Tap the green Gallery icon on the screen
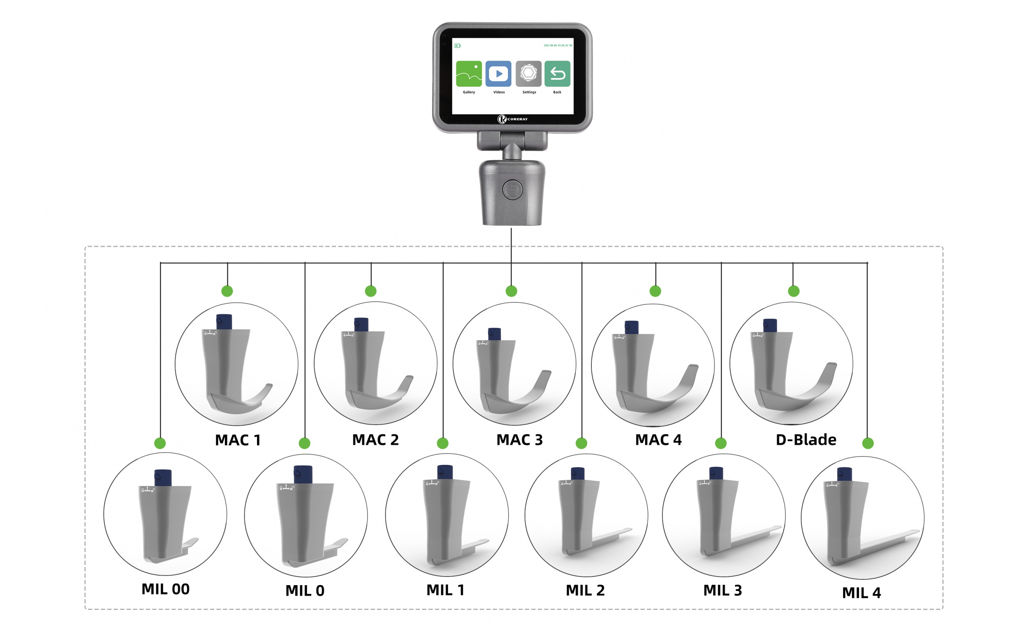pyautogui.click(x=468, y=74)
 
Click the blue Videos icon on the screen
pyautogui.click(x=498, y=74)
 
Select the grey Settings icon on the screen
pyautogui.click(x=528, y=74)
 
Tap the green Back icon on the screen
pyautogui.click(x=557, y=74)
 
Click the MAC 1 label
pyautogui.click(x=238, y=440)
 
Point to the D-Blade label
pyautogui.click(x=806, y=440)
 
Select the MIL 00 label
pyautogui.click(x=165, y=589)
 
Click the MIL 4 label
pyautogui.click(x=861, y=593)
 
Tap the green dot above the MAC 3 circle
pyautogui.click(x=511, y=291)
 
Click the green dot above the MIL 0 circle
pyautogui.click(x=304, y=443)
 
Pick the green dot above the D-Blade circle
pyautogui.click(x=793, y=291)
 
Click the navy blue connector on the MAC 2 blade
pyautogui.click(x=361, y=324)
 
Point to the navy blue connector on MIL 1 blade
pyautogui.click(x=445, y=472)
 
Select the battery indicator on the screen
pyautogui.click(x=457, y=46)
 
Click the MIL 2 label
pyautogui.click(x=585, y=590)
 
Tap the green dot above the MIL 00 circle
pyautogui.click(x=160, y=443)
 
